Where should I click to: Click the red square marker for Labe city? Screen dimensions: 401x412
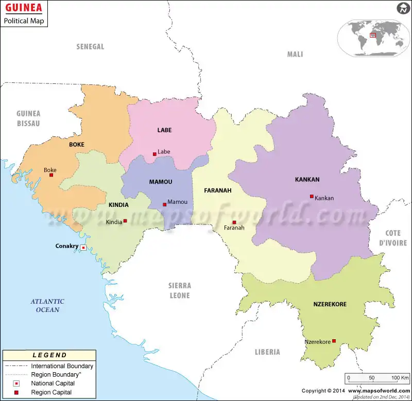click(154, 154)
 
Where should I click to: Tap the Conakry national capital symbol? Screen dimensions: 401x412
click(83, 248)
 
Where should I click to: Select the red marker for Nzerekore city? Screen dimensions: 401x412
click(334, 341)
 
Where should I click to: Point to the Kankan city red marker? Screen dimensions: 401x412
click(312, 196)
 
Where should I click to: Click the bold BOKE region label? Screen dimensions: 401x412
click(76, 145)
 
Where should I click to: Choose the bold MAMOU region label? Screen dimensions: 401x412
click(161, 182)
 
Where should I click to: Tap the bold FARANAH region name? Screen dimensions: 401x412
click(217, 190)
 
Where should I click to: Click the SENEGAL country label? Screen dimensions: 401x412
click(90, 47)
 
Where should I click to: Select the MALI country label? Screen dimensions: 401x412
click(295, 54)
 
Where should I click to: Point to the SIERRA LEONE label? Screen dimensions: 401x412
click(179, 290)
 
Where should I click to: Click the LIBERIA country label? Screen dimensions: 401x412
click(267, 352)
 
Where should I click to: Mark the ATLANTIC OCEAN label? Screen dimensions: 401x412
click(47, 305)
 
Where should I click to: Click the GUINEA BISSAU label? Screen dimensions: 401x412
click(28, 118)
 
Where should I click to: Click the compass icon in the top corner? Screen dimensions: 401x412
click(402, 8)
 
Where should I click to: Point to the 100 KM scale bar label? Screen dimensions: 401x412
click(400, 378)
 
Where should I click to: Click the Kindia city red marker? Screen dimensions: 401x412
click(125, 221)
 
